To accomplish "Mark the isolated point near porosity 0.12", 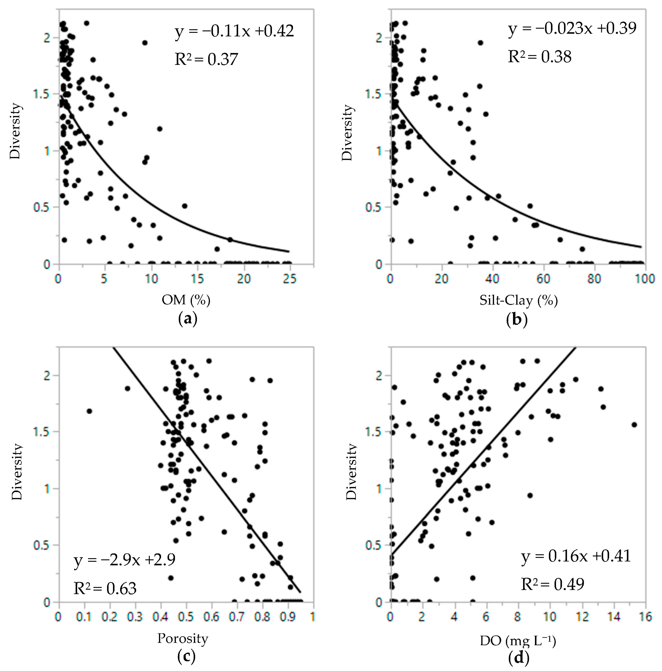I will pyautogui.click(x=89, y=411).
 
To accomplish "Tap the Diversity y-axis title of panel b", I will pyautogui.click(x=347, y=132).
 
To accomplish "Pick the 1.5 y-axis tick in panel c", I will pyautogui.click(x=42, y=432).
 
